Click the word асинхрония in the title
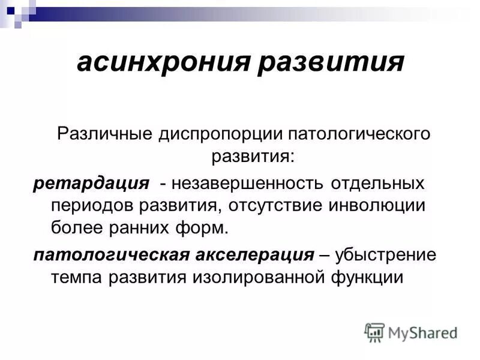pos(163,62)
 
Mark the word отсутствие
pos(275,205)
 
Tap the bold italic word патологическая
pos(110,254)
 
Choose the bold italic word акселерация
pos(253,254)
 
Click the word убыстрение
pos(386,254)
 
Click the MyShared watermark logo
pos(412,332)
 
